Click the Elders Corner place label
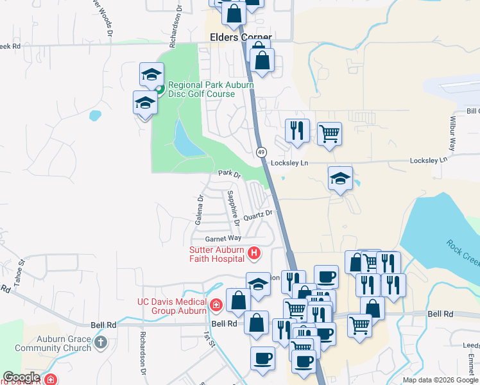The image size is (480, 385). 241,37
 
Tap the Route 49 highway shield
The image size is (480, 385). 261,152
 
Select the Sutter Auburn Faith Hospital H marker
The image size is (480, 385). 253,253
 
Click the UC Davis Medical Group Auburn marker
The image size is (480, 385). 216,304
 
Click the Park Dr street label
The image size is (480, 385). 228,174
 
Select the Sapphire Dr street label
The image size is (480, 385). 232,207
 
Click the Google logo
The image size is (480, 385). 21,377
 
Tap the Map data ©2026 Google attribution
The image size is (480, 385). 440,380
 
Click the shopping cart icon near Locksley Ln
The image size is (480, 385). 329,134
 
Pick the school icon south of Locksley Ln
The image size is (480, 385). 340,179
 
